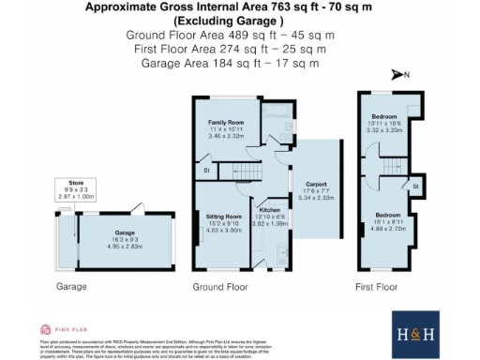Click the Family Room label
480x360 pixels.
click(225, 123)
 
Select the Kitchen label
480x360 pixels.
click(269, 210)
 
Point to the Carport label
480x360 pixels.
click(314, 184)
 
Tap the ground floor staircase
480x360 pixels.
click(238, 169)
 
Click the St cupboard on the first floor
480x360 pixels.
click(412, 186)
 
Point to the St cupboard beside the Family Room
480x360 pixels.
click(205, 171)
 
